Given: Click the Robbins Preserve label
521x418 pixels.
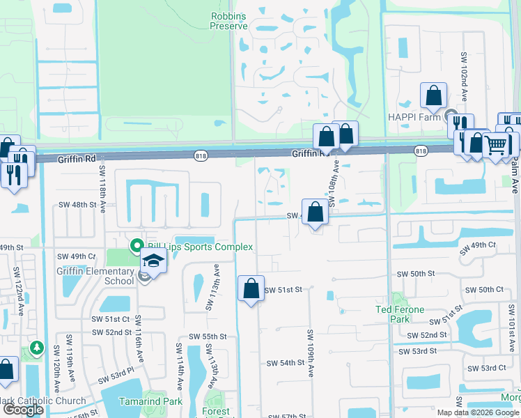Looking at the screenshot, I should pyautogui.click(x=229, y=20).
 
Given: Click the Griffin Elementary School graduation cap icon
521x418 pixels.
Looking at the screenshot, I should pyautogui.click(x=153, y=262).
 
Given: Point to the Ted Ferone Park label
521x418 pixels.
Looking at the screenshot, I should pyautogui.click(x=401, y=314).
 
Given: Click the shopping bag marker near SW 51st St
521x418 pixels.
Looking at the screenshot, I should pyautogui.click(x=251, y=288).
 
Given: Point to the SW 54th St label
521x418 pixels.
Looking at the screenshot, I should pyautogui.click(x=286, y=363).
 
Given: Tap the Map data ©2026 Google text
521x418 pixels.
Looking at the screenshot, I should pyautogui.click(x=478, y=412).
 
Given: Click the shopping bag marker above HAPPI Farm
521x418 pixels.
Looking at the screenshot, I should pyautogui.click(x=433, y=97).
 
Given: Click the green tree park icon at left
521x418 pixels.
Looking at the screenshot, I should pyautogui.click(x=36, y=347).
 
